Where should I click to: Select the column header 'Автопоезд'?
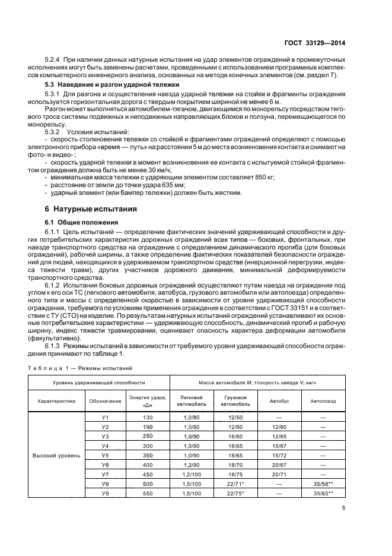pos(323,401)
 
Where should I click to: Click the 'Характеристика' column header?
pos(57,401)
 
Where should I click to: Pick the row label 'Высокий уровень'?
pos(57,456)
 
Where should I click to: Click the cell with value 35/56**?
pos(323,484)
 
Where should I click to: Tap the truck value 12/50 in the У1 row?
pos(235,418)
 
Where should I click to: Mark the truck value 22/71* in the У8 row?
pos(235,484)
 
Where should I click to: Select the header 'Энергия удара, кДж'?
pos(148,401)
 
